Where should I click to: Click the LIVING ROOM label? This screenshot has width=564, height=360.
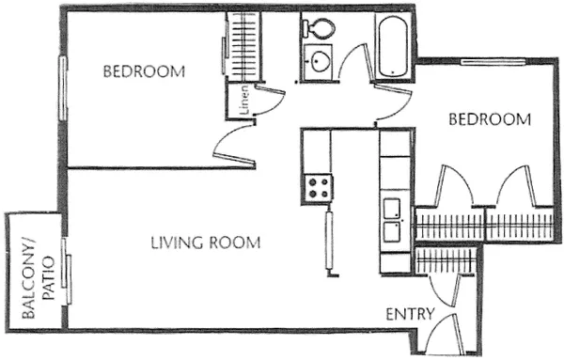tap(205, 243)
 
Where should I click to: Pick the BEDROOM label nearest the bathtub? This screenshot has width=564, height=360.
tap(489, 119)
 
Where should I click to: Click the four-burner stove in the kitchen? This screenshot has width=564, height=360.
tap(318, 184)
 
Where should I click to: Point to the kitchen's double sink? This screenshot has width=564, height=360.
tap(392, 216)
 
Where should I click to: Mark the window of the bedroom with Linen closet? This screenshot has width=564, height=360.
tap(63, 85)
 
